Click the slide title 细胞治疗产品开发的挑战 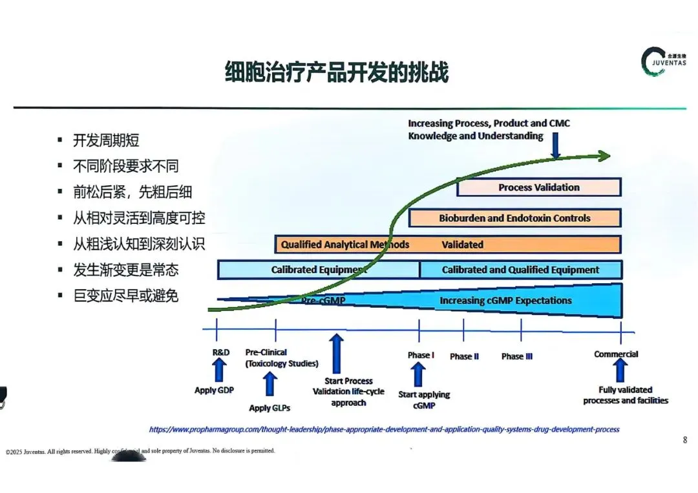336,72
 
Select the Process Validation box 539,187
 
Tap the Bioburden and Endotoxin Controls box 514,218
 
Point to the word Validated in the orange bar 462,245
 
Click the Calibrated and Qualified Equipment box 520,270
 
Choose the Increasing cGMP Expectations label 505,300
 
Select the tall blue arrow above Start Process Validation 336,354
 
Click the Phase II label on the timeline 464,356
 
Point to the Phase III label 516,356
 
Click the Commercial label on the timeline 616,354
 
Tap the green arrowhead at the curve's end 603,156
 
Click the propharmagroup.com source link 384,429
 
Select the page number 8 684,440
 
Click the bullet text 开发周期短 107,141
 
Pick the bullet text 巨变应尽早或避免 126,296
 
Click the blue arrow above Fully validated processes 620,370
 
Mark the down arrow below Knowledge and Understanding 555,149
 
